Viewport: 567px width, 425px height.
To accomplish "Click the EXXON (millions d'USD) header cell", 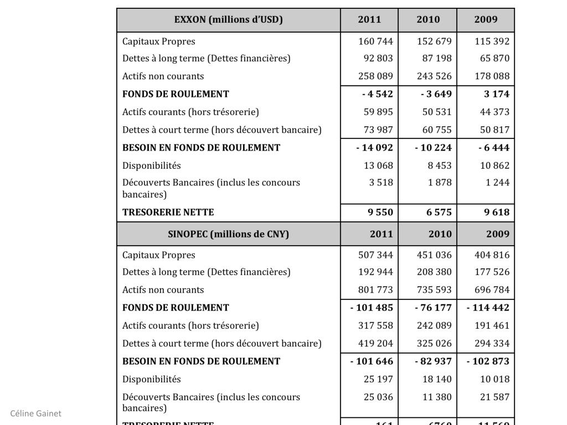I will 228,20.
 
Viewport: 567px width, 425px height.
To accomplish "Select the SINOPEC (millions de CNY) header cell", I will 228,234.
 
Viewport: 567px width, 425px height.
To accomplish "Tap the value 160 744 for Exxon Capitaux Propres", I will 375,42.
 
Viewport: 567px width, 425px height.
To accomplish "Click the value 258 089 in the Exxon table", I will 375,76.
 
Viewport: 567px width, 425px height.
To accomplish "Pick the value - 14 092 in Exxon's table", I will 374,148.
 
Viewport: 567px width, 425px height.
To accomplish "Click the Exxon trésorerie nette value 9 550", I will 380,212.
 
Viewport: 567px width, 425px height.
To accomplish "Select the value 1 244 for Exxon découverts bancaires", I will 497,183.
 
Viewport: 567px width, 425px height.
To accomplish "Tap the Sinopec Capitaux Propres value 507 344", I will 375,255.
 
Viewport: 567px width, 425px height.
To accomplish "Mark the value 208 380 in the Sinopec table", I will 434,272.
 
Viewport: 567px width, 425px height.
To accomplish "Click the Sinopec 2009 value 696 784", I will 492,290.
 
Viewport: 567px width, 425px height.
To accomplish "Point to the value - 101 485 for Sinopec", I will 372,308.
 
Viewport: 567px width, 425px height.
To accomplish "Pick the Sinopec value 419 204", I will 375,344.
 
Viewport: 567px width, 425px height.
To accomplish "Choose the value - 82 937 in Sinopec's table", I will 433,361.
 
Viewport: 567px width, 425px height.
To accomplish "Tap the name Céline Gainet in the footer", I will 35,413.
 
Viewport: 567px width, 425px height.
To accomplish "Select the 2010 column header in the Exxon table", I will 428,20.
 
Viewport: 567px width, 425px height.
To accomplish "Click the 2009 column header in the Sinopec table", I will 498,234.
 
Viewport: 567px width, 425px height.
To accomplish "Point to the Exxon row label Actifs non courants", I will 163,76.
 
